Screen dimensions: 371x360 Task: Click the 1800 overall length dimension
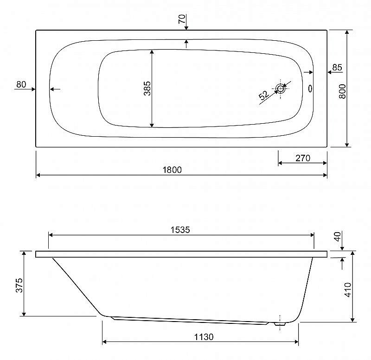(x=172, y=170)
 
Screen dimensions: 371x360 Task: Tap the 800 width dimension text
(x=342, y=91)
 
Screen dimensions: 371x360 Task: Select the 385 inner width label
(x=147, y=88)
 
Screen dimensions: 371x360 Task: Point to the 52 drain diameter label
(x=264, y=95)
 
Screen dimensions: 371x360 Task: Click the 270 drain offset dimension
(x=303, y=158)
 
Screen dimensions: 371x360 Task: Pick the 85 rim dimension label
(x=337, y=67)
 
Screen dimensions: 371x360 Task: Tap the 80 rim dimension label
(x=21, y=84)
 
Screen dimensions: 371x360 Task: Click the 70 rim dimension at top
(x=182, y=19)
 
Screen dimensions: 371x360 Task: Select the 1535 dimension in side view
(x=180, y=229)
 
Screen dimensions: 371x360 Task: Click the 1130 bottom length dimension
(x=204, y=336)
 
